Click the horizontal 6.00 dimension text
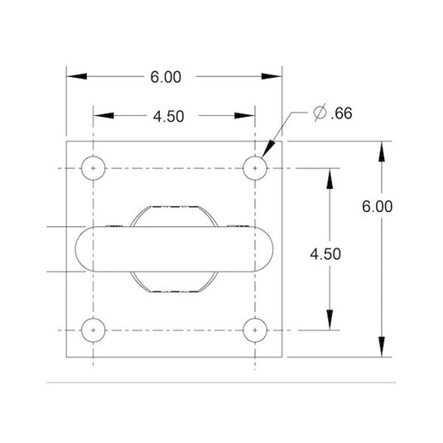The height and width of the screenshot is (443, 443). coord(166,77)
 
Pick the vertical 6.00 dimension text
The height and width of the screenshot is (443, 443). coord(378,206)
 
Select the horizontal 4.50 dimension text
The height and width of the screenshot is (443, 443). coord(169,116)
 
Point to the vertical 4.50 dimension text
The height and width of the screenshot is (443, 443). coord(325,253)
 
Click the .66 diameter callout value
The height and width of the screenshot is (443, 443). coord(342,113)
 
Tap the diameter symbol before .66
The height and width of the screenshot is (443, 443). coord(320,113)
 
